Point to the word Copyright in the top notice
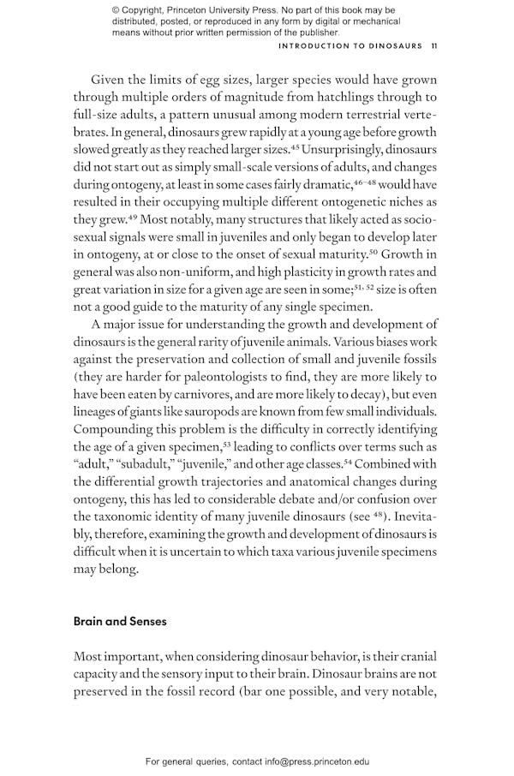[x=155, y=10]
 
